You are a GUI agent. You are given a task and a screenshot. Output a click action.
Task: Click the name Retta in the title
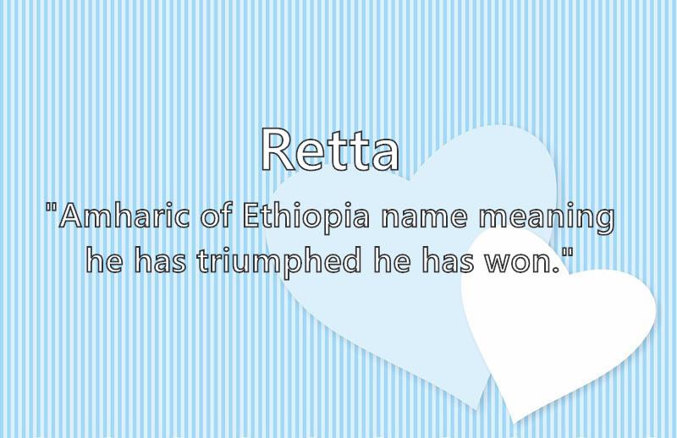coord(330,150)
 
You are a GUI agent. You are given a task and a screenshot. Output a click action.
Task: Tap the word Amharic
coord(124,216)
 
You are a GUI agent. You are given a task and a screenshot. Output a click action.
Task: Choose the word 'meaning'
coord(546,219)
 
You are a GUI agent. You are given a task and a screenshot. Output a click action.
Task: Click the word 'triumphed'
coord(279,262)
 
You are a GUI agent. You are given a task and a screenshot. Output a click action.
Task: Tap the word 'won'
coord(518,264)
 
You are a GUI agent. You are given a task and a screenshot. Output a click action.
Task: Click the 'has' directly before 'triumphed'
coord(160,260)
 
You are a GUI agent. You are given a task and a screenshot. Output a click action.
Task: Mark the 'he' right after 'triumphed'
coord(392,260)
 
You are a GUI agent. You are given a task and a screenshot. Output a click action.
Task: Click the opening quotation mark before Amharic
coord(51,208)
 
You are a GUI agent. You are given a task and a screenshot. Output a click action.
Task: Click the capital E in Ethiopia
coord(251,216)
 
